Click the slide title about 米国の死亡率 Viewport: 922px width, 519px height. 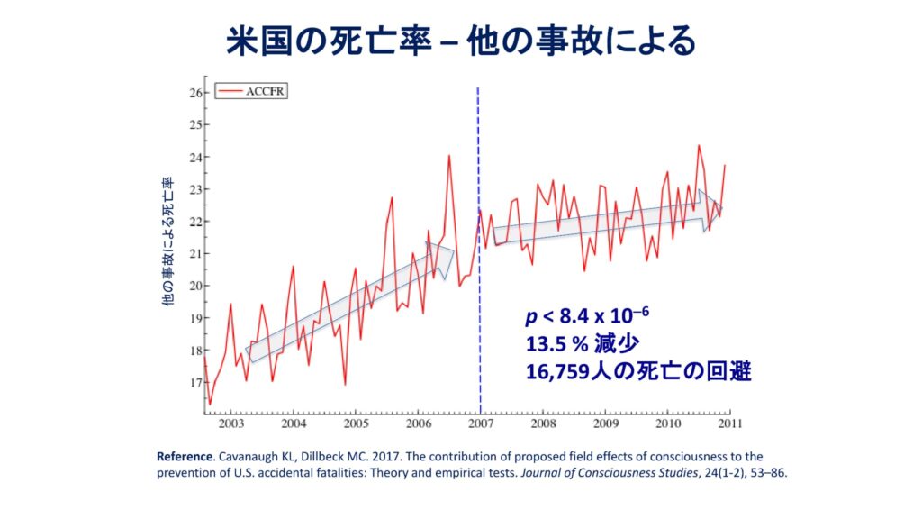460,41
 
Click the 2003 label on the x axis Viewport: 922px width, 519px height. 230,423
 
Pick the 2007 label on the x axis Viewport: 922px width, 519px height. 480,423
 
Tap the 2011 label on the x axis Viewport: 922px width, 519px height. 729,423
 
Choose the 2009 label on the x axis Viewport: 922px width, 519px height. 605,423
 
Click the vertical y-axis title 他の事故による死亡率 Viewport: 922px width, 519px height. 167,241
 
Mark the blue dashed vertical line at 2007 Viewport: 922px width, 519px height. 478,270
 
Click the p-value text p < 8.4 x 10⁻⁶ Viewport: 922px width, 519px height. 586,316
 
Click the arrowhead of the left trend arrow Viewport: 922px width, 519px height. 443,258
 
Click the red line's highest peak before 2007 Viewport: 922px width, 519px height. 448,156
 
